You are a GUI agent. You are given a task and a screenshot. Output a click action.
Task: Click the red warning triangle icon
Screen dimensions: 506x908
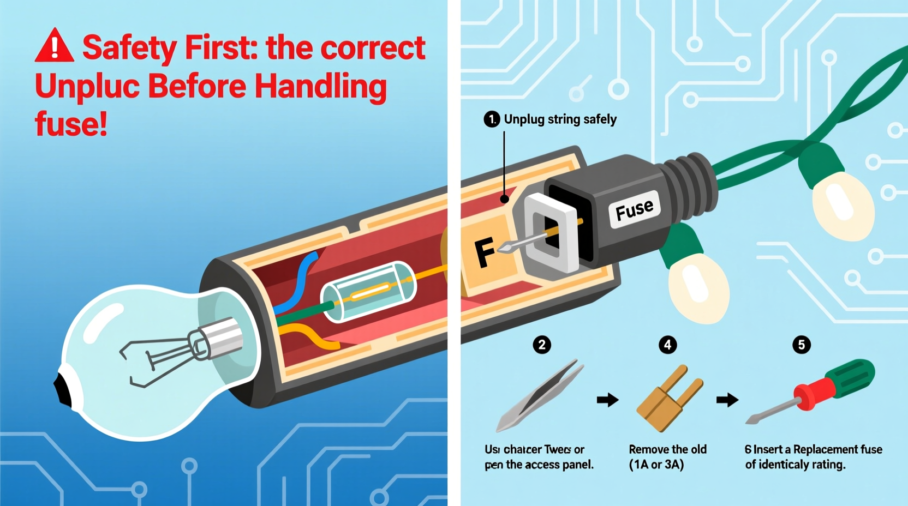(x=54, y=47)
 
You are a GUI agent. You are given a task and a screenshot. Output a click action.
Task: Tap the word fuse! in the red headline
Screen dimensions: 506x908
(x=71, y=124)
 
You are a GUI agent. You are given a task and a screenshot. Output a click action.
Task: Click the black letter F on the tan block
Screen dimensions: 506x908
(x=485, y=252)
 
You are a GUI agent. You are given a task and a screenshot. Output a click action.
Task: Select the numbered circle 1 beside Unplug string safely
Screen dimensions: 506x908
(x=492, y=119)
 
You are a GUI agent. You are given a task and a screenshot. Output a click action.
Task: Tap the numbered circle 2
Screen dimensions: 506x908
(x=542, y=345)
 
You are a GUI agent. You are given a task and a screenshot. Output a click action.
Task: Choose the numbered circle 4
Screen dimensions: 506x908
(x=667, y=345)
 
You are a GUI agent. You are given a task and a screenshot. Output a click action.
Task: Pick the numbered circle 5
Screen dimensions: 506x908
(x=801, y=345)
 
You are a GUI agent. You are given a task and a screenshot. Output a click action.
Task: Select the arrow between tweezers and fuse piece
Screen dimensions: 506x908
(x=607, y=400)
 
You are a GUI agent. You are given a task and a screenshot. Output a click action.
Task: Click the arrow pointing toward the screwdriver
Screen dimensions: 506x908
(x=727, y=400)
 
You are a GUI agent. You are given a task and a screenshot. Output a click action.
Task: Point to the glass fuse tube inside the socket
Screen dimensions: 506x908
(x=368, y=292)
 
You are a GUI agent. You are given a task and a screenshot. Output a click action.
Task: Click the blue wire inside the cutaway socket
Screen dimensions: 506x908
(x=297, y=284)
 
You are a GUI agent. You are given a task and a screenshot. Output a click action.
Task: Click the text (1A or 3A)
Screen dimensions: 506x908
(x=656, y=465)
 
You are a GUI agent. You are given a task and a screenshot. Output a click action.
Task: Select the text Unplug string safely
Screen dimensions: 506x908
(x=560, y=119)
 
